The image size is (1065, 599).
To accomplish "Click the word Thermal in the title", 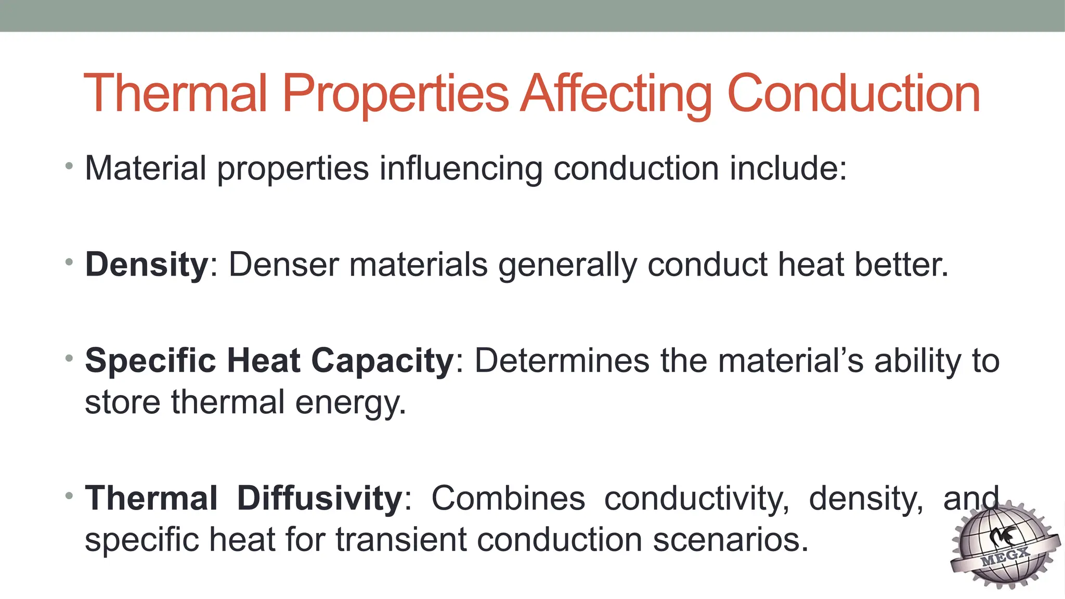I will [175, 94].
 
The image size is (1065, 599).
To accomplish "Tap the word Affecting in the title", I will [617, 94].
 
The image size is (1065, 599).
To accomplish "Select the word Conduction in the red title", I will [853, 94].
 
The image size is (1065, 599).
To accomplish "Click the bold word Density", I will [147, 265].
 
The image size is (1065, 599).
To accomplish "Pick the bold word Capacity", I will [382, 360].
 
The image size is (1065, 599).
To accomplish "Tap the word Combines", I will [508, 498].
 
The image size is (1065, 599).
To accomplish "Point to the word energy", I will [350, 403].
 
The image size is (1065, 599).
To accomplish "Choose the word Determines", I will [562, 360].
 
